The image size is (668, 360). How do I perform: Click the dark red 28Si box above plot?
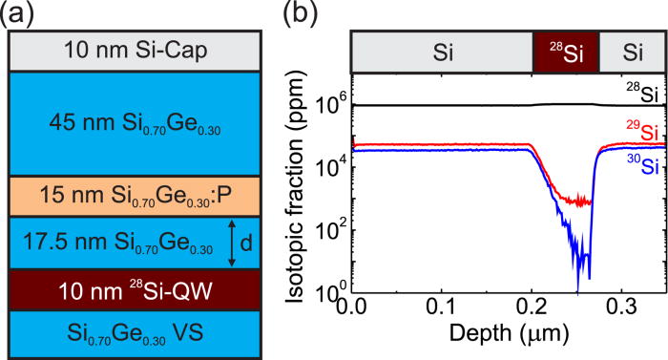tap(565, 52)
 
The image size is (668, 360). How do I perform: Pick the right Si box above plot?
tap(630, 52)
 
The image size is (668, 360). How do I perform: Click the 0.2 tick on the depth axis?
tap(531, 310)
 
